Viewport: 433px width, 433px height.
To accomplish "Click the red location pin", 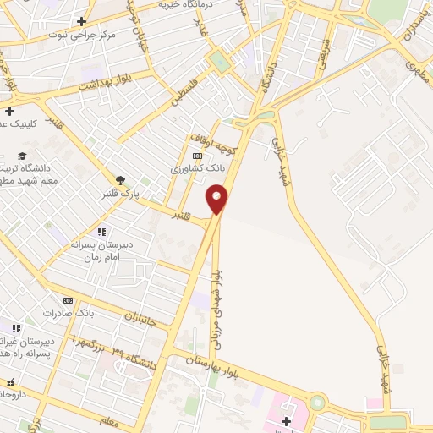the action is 217,200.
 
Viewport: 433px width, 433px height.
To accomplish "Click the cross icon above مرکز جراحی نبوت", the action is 81,21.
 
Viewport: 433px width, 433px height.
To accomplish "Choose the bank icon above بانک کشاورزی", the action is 198,156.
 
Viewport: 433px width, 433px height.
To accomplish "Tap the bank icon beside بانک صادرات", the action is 68,300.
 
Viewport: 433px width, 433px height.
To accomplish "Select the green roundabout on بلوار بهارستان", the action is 317,403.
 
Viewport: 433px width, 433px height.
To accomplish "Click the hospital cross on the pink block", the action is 286,421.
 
